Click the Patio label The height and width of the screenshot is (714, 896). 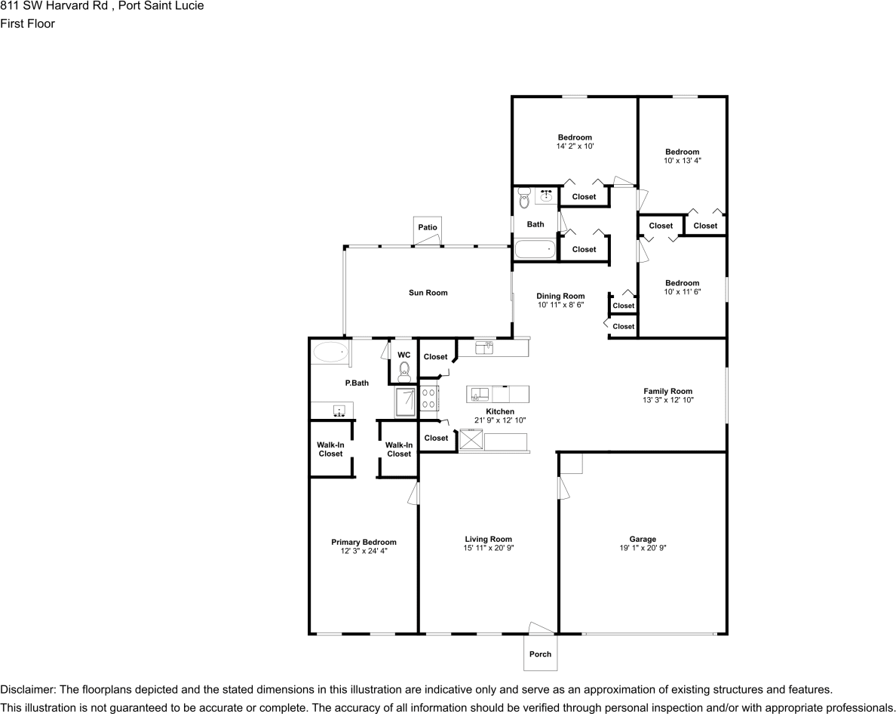[x=428, y=227]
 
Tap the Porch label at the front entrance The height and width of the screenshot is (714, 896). [x=540, y=654]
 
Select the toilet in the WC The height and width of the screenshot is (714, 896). [x=404, y=371]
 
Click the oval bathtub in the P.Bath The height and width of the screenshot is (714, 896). [x=330, y=352]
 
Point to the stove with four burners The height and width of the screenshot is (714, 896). [x=430, y=398]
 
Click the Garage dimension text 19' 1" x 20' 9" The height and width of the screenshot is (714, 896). [x=643, y=548]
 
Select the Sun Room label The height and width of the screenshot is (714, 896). [x=428, y=293]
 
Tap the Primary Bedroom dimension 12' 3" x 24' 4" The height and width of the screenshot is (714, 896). [x=364, y=551]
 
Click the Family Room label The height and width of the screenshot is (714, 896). [x=668, y=392]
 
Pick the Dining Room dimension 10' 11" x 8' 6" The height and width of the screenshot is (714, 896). [x=560, y=305]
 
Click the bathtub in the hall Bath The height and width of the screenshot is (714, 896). [x=535, y=249]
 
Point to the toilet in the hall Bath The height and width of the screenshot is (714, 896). [x=524, y=198]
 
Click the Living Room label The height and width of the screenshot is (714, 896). [x=488, y=539]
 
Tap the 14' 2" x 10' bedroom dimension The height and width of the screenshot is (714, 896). [x=575, y=146]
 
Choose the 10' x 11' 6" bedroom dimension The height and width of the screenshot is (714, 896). [x=683, y=291]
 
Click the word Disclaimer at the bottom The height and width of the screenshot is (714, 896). [x=27, y=689]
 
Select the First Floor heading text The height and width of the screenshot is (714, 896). [x=27, y=23]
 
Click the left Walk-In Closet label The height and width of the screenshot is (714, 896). [x=331, y=449]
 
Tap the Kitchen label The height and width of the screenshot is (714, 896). [x=500, y=411]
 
